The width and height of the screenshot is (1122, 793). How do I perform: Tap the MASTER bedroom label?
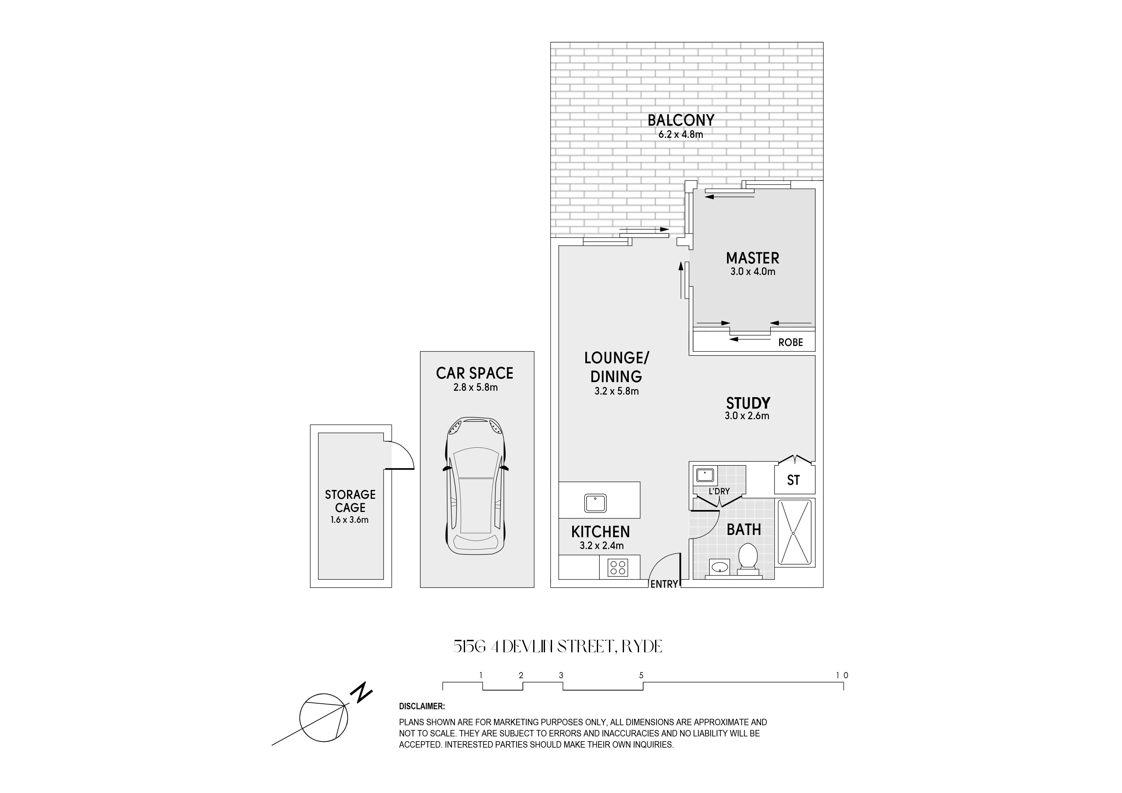pyautogui.click(x=753, y=258)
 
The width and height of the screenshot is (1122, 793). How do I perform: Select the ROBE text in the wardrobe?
pyautogui.click(x=791, y=342)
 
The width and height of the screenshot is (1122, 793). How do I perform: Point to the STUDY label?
pyautogui.click(x=748, y=403)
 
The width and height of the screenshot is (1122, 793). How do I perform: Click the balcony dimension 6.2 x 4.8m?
pyautogui.click(x=681, y=134)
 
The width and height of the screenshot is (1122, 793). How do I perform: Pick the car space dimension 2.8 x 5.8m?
pyautogui.click(x=475, y=388)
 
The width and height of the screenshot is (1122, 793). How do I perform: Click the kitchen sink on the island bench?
pyautogui.click(x=595, y=503)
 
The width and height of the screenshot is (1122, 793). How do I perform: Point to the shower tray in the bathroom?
pyautogui.click(x=794, y=533)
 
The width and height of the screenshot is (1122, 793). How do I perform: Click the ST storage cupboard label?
pyautogui.click(x=793, y=480)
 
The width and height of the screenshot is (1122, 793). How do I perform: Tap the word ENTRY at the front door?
pyautogui.click(x=664, y=584)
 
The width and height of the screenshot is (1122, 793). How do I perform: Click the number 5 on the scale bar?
pyautogui.click(x=641, y=675)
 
